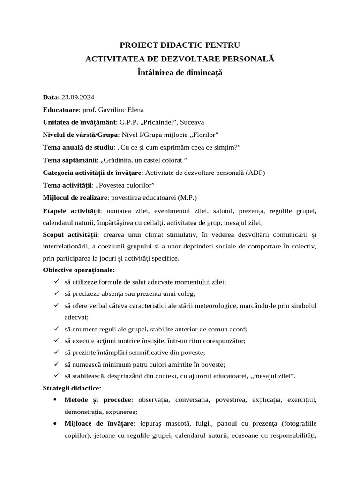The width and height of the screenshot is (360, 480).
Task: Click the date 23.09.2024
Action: (77, 97)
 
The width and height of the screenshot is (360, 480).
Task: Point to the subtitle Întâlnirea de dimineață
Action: (180, 73)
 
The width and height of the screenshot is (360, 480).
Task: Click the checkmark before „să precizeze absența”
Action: (56, 293)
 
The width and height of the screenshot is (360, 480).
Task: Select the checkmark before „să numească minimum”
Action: (56, 364)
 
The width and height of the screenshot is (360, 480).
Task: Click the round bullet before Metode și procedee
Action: (56, 400)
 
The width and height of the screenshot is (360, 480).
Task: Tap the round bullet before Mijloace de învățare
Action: (56, 424)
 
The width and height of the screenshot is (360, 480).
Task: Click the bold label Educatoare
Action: (60, 110)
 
